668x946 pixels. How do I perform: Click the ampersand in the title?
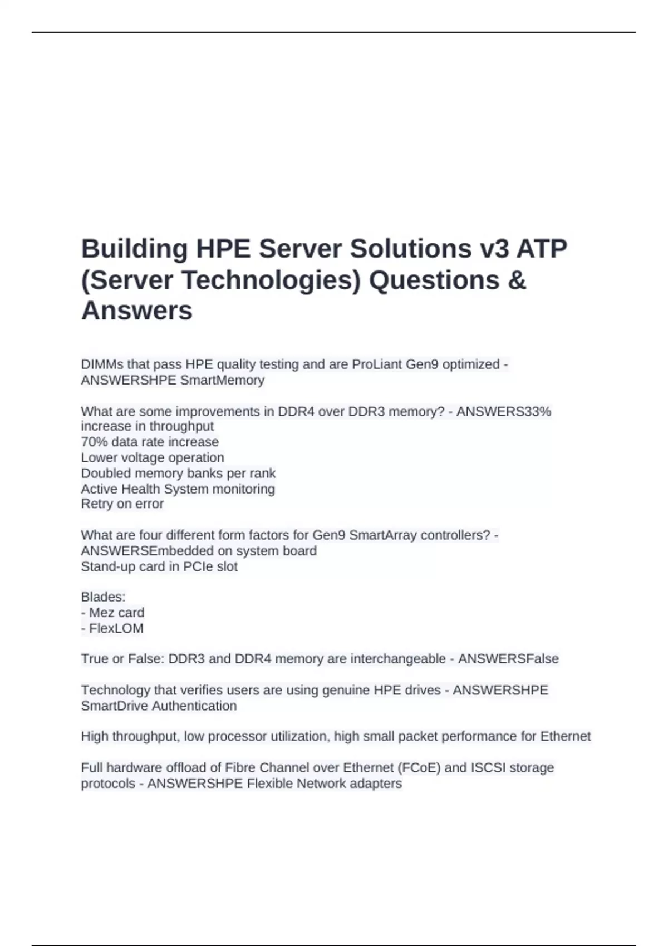point(517,279)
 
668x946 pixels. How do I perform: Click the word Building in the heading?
point(134,249)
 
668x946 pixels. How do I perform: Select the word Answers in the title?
point(137,311)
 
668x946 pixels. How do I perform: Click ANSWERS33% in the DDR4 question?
point(503,412)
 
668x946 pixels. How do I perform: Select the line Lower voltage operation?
point(153,457)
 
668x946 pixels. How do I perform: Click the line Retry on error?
point(122,504)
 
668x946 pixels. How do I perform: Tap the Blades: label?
point(103,597)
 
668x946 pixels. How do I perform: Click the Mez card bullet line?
point(112,613)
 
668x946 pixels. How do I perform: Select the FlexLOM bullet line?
point(112,628)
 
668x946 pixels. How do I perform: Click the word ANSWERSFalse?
point(508,659)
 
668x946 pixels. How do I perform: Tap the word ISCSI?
point(488,768)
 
